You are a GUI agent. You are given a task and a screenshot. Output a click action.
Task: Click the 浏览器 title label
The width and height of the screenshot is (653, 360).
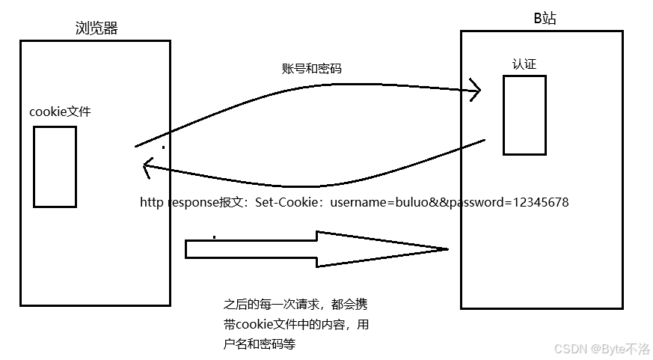tap(96, 28)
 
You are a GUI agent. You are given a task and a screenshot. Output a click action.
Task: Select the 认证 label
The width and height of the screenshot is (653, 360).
tap(524, 64)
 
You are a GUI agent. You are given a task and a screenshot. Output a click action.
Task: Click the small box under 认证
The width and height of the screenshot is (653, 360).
tap(524, 115)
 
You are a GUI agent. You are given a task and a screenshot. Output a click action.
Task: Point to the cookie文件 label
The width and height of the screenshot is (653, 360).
tap(61, 112)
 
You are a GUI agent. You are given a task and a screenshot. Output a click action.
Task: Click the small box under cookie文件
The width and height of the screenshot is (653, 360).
tap(55, 166)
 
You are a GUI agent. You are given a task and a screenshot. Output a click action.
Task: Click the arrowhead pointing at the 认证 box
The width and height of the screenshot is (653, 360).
tap(474, 91)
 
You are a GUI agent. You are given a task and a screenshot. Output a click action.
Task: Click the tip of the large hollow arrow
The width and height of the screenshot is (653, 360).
tap(446, 249)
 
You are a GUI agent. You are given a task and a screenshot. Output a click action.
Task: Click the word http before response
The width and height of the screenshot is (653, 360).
tap(152, 203)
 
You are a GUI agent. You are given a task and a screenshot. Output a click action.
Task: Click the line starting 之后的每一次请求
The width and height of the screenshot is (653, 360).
tap(295, 305)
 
